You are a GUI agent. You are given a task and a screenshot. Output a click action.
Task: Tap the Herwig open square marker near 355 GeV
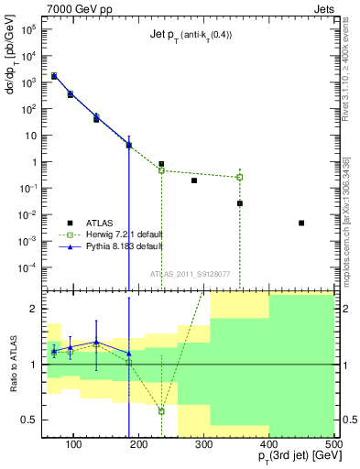pyautogui.click(x=240, y=177)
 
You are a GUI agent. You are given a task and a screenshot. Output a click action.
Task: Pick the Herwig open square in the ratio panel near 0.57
pyautogui.click(x=161, y=411)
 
